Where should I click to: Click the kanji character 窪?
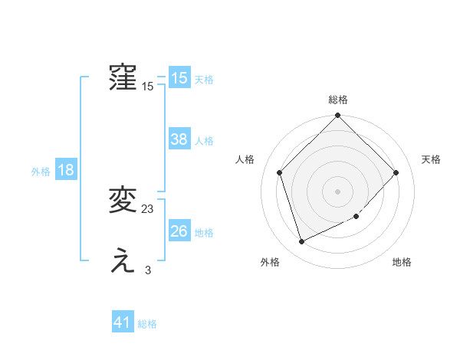(x=123, y=78)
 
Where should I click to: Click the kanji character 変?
(x=123, y=201)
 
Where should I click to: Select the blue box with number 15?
(x=179, y=78)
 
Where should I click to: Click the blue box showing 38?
(x=179, y=139)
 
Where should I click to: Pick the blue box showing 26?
(x=179, y=231)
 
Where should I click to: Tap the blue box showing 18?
(x=66, y=170)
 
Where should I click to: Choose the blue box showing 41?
(x=123, y=323)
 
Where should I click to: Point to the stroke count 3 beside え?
(x=148, y=270)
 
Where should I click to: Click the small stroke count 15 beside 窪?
(x=148, y=87)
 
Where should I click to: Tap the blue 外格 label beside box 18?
(x=41, y=172)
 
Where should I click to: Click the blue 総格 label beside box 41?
(x=147, y=325)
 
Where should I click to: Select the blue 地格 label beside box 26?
(x=204, y=233)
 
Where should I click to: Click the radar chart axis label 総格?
(x=338, y=100)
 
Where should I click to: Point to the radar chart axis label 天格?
(x=432, y=159)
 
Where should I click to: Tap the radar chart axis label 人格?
(x=245, y=159)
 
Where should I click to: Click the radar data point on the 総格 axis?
(x=338, y=116)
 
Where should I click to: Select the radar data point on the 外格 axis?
(x=302, y=242)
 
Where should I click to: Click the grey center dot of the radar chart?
(x=338, y=191)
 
